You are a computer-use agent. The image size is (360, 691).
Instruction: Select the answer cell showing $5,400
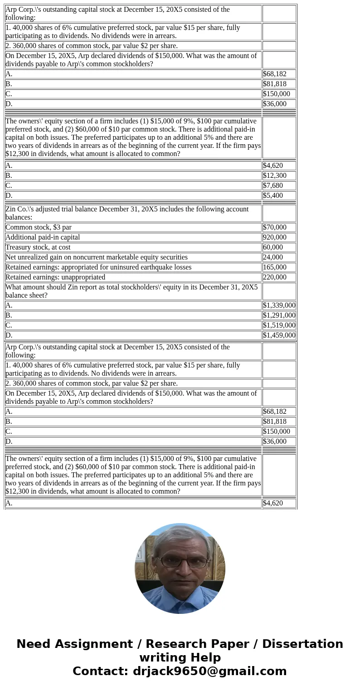[273, 196]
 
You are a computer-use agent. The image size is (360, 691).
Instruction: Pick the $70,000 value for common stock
[275, 227]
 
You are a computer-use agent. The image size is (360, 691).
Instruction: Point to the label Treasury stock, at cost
[38, 247]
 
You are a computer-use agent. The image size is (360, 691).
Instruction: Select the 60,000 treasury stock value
[273, 247]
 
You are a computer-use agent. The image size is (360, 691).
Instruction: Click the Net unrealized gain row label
[97, 257]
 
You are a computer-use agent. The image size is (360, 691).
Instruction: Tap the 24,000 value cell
[273, 257]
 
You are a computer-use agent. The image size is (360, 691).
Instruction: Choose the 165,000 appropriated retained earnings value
[275, 267]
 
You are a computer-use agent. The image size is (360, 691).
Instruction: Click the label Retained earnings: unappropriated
[55, 277]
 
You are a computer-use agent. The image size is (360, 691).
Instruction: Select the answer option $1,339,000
[279, 305]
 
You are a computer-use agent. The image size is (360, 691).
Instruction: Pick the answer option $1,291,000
[279, 315]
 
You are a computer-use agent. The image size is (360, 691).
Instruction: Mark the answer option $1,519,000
[279, 325]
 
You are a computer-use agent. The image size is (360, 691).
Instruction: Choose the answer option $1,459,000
[279, 335]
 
